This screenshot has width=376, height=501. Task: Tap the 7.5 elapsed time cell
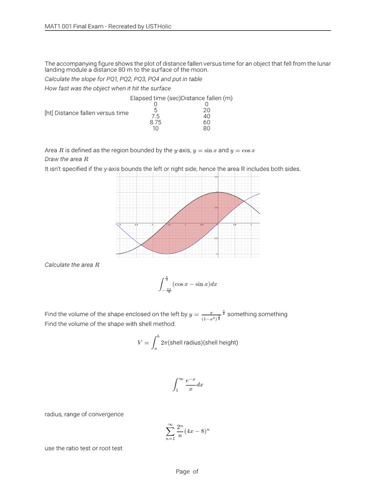(156, 116)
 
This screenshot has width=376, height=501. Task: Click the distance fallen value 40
(207, 116)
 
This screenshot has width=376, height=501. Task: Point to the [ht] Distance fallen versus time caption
(86, 113)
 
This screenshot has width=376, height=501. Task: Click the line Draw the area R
(67, 159)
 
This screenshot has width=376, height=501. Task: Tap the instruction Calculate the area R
(72, 265)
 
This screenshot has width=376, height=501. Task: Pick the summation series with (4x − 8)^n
(188, 431)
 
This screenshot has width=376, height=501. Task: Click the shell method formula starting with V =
(188, 342)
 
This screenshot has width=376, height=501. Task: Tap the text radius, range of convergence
(84, 414)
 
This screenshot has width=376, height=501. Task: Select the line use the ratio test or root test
(83, 448)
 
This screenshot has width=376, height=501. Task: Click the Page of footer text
(188, 472)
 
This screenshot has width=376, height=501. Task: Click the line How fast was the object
(107, 88)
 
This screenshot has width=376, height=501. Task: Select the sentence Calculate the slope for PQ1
(123, 79)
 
